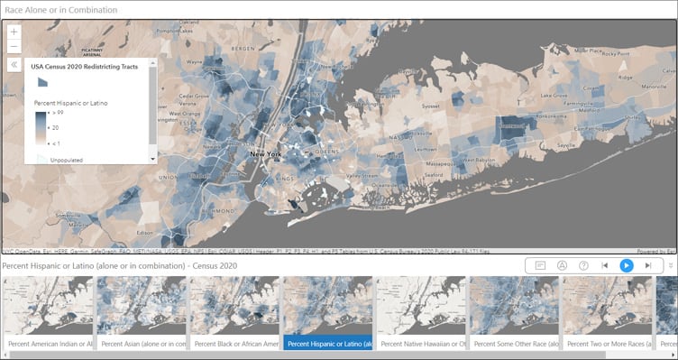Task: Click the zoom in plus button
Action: (x=14, y=32)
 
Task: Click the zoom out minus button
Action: (x=14, y=45)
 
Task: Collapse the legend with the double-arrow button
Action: (x=14, y=65)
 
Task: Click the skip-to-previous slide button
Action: (x=604, y=265)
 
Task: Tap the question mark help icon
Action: (x=583, y=265)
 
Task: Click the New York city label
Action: (x=267, y=155)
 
